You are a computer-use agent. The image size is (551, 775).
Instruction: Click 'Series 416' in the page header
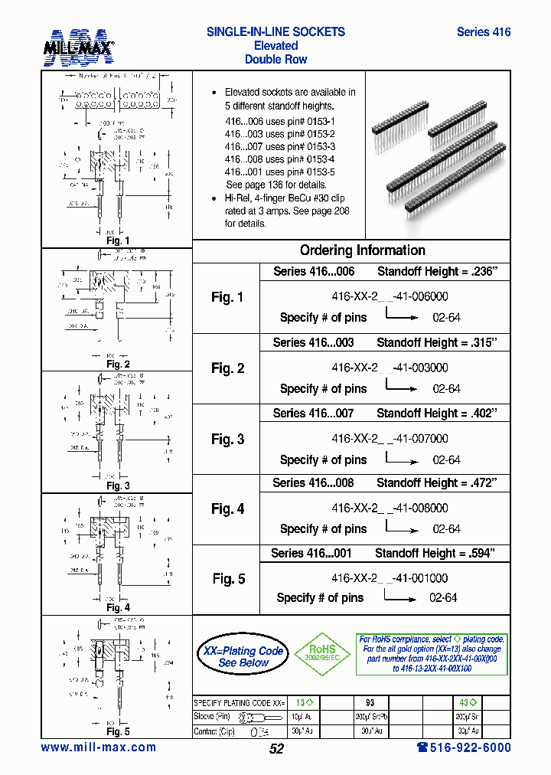coord(483,32)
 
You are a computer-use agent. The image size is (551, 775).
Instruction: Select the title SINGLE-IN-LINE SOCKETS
coord(275,32)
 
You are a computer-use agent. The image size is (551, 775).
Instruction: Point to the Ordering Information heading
coord(362,250)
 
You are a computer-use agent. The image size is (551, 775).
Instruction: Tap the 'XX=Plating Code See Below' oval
coord(243,656)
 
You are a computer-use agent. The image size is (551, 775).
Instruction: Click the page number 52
coord(276,749)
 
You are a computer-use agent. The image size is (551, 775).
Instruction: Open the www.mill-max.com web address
coord(99,747)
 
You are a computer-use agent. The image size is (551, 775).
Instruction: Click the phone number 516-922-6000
coord(464,747)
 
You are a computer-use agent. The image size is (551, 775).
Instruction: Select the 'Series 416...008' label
coord(313,482)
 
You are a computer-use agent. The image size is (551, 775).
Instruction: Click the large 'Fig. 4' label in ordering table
coord(228,508)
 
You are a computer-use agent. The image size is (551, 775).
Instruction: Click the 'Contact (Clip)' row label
coord(216,731)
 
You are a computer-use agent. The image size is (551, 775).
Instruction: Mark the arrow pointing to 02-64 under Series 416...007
coord(401,461)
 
